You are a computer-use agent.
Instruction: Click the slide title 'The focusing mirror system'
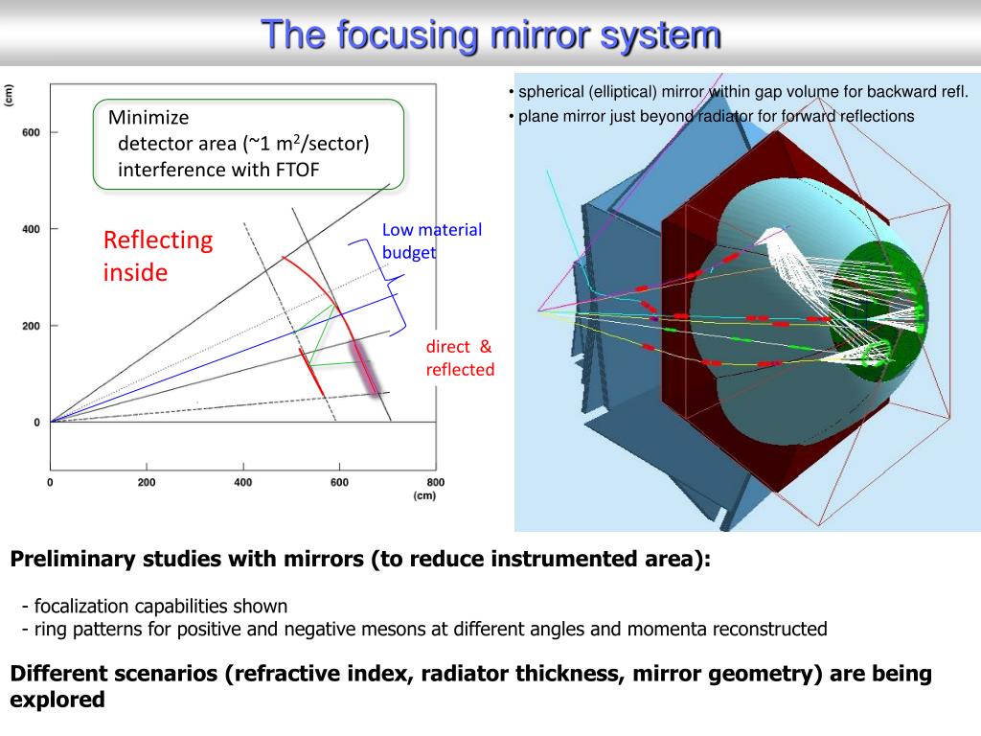(x=490, y=34)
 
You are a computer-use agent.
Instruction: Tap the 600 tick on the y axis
(x=31, y=132)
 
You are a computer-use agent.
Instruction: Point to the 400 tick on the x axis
(x=243, y=482)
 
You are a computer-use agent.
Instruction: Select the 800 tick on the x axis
(x=435, y=482)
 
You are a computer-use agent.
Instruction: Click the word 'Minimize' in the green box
(x=148, y=118)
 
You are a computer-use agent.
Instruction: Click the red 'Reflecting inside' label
(x=157, y=256)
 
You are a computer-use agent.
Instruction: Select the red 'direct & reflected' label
(x=460, y=358)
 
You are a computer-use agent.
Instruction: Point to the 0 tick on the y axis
(x=36, y=423)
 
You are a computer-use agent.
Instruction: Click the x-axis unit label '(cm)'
(x=424, y=496)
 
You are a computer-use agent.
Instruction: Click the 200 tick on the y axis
(x=31, y=326)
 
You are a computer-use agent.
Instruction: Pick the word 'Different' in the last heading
(x=56, y=674)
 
